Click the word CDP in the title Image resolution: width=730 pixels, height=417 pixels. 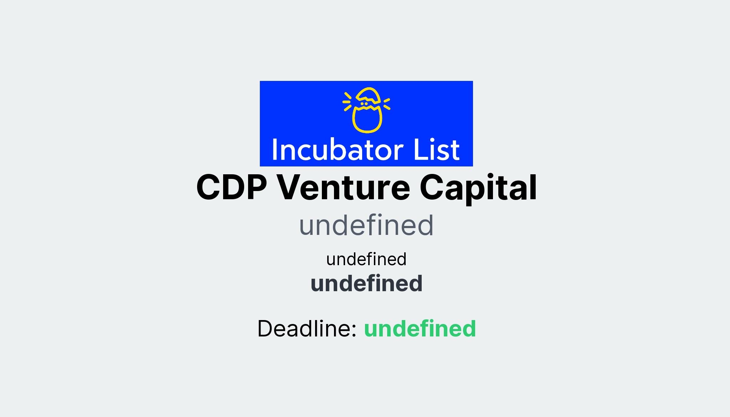pos(231,187)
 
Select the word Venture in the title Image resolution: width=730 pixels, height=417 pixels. pos(343,187)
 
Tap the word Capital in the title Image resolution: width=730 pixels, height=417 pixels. pos(478,187)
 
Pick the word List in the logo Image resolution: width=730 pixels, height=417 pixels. pos(436,150)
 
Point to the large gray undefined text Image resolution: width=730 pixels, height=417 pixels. pos(366,225)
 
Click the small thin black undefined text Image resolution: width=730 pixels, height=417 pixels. pos(366,259)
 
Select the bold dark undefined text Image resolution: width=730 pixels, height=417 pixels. pos(366,284)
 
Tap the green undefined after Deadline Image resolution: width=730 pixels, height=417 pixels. pos(420,328)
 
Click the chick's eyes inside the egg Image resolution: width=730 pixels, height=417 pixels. pos(364,104)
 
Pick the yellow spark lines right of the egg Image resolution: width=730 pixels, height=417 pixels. pos(387,103)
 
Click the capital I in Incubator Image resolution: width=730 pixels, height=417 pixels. pos(275,150)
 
